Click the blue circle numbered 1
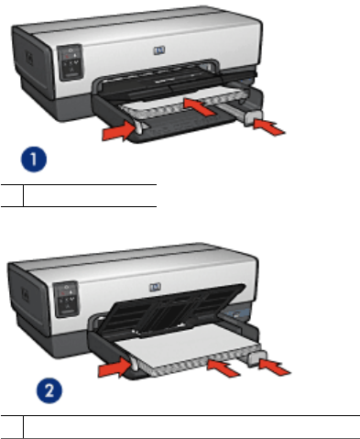tap(34, 159)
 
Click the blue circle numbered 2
tap(49, 390)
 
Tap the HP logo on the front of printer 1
tap(159, 50)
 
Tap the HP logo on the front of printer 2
tap(155, 287)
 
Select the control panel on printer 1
tap(71, 62)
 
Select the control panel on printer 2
tap(66, 299)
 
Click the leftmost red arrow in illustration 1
tap(119, 131)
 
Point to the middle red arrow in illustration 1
tap(199, 106)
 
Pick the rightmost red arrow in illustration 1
tap(269, 127)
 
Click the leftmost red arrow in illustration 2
tap(115, 368)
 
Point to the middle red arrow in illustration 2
tap(224, 368)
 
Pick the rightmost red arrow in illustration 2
tap(275, 367)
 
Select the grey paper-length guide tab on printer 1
tap(253, 118)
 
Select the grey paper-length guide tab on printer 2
tap(257, 358)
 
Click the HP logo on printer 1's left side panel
tap(29, 59)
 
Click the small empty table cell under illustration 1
tap(12, 195)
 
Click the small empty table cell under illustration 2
tap(12, 427)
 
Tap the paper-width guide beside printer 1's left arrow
tap(139, 127)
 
